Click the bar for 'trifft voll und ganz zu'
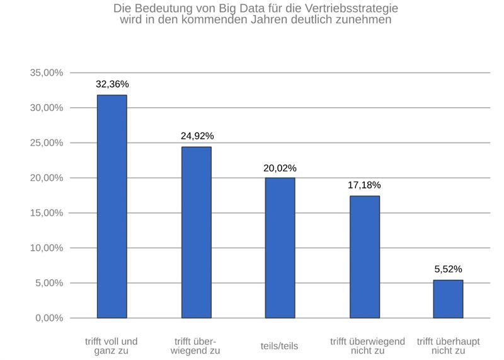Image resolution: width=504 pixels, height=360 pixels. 112,207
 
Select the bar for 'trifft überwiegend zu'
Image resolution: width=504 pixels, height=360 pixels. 196,233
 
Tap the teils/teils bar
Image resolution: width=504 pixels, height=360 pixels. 280,248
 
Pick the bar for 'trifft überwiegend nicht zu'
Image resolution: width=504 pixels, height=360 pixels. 364,257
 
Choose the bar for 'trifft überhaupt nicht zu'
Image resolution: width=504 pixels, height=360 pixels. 448,299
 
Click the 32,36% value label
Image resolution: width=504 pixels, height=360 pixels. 112,84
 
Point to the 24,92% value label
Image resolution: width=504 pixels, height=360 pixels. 197,136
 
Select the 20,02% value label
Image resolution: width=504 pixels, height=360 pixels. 280,168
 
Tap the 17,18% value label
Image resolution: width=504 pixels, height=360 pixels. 364,185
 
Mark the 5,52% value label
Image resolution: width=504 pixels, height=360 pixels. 448,269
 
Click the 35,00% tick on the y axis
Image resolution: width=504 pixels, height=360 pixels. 47,73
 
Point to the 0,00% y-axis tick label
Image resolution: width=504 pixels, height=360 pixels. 49,318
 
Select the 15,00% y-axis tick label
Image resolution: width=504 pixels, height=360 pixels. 47,213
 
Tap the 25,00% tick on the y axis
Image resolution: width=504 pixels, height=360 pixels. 47,143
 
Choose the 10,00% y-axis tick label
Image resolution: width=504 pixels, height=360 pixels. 47,248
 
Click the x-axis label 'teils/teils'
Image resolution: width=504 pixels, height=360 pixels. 279,346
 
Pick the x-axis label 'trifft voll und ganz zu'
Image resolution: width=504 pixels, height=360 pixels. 112,346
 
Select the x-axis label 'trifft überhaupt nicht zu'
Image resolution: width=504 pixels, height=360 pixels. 448,346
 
